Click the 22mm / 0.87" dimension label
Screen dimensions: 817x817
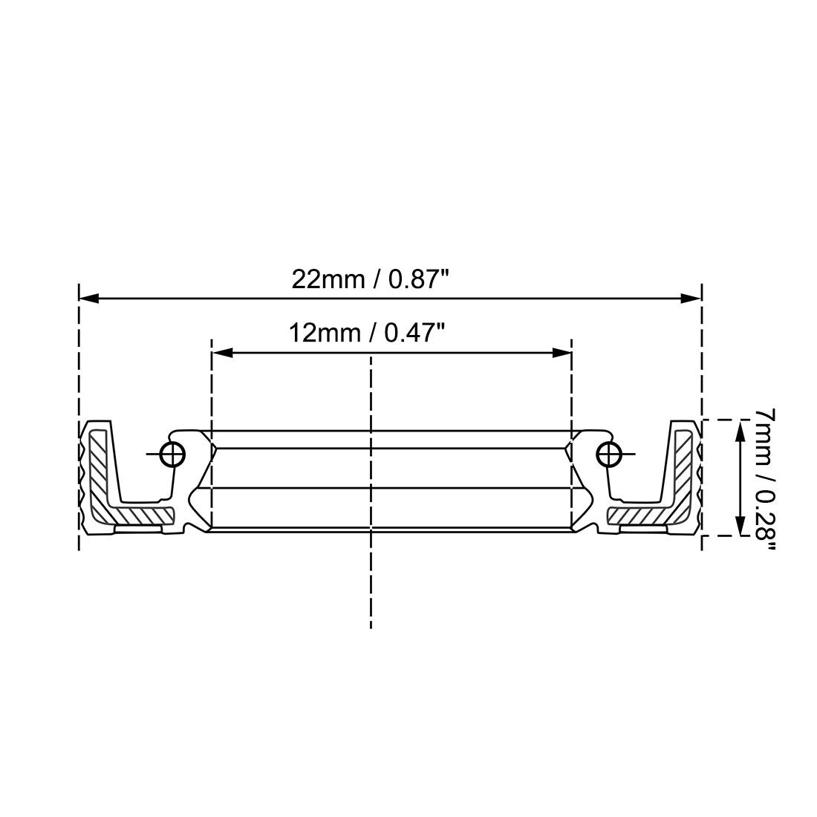coord(371,279)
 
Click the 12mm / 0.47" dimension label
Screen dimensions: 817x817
coord(367,333)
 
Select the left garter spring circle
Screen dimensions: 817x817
coord(172,454)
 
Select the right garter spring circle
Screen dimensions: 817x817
coord(609,454)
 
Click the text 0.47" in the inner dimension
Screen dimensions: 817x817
coord(414,333)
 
